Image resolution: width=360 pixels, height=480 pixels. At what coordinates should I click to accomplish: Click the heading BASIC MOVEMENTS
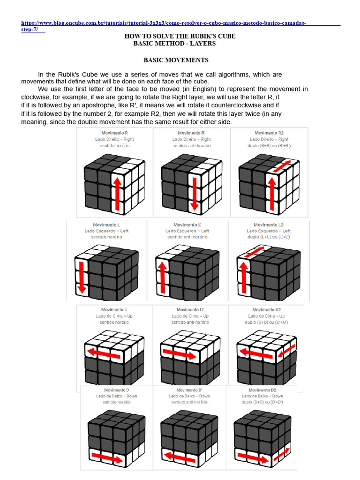click(176, 60)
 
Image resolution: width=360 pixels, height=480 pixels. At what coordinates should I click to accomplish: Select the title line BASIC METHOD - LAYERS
click(174, 44)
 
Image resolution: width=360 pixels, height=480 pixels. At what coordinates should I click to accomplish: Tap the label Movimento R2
click(269, 133)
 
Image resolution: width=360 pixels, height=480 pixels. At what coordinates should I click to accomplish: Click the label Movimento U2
click(266, 310)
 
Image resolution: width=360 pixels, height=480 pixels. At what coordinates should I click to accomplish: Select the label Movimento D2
click(262, 390)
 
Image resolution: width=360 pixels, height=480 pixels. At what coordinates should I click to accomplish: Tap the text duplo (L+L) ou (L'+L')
click(269, 237)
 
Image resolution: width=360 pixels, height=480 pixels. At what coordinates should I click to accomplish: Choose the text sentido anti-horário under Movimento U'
click(190, 322)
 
